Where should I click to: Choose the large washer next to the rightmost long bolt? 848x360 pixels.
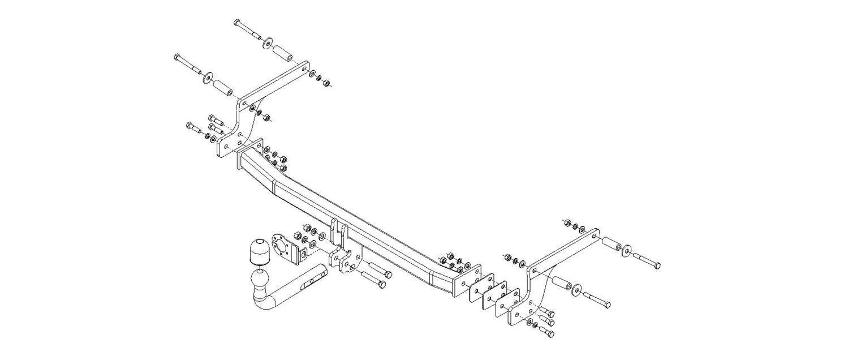click(627, 250)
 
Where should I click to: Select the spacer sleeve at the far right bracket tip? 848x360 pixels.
click(611, 243)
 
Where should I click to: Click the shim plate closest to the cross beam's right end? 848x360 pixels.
click(481, 288)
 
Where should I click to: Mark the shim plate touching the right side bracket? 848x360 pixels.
click(507, 303)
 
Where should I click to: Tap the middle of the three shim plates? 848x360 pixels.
click(494, 295)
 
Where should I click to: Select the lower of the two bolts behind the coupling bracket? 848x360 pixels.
click(375, 279)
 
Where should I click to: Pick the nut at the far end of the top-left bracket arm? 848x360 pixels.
click(326, 83)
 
